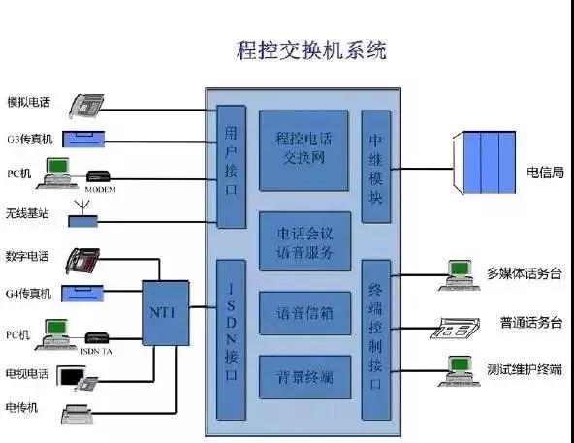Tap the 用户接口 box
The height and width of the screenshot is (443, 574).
click(230, 166)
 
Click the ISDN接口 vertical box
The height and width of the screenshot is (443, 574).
click(230, 339)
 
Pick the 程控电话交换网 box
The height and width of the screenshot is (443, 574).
click(304, 150)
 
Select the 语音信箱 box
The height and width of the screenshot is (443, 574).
click(304, 313)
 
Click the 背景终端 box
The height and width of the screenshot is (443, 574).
click(304, 376)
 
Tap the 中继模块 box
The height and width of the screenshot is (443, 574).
click(375, 166)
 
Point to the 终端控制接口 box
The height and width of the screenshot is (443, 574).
click(375, 339)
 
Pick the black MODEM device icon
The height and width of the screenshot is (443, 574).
click(100, 176)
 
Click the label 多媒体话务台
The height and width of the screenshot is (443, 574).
click(525, 273)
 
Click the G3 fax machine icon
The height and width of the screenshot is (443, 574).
click(91, 138)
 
